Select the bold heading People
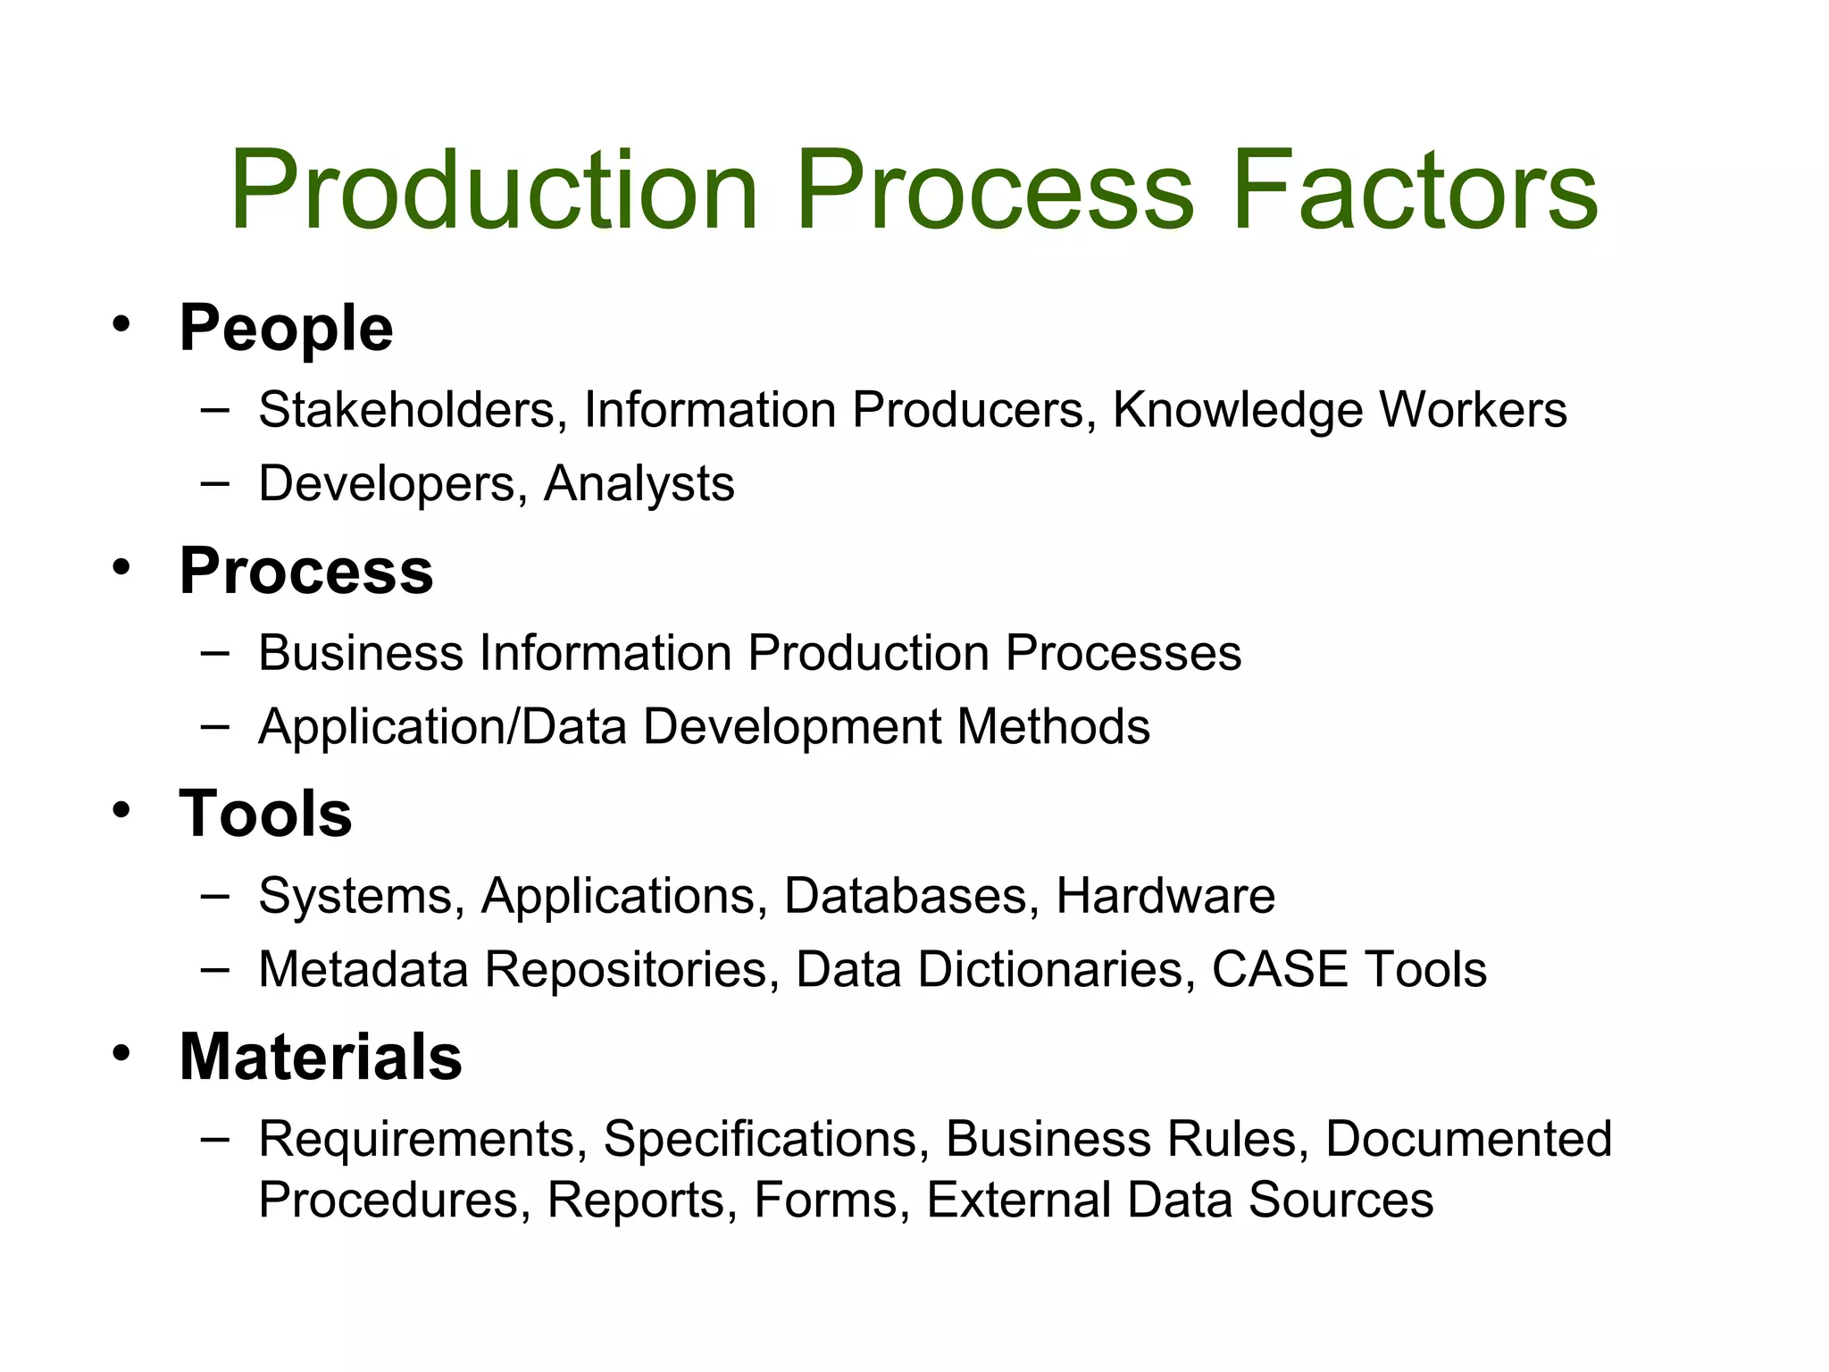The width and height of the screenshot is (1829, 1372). tap(286, 329)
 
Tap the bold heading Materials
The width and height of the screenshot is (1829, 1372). tap(321, 1057)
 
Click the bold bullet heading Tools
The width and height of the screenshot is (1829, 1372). tap(265, 814)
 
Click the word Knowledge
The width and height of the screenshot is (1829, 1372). tap(1238, 410)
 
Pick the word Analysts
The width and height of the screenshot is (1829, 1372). tap(639, 484)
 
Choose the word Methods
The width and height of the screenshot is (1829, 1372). tap(1053, 726)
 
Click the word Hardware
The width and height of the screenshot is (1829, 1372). tap(1165, 895)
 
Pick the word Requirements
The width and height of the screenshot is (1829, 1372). tap(422, 1139)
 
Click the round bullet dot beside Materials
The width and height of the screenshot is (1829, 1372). tap(121, 1052)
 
